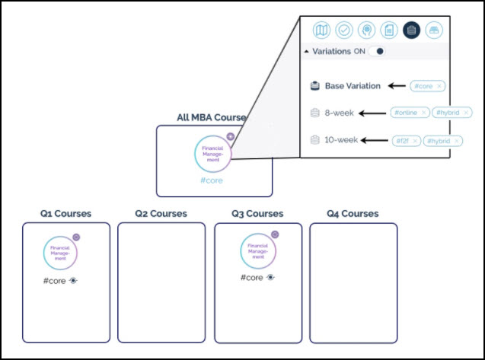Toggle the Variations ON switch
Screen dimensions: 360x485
(x=376, y=52)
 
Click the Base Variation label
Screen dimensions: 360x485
(x=353, y=86)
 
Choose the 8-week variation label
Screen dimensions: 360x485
(x=340, y=113)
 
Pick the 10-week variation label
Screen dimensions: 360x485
(x=342, y=140)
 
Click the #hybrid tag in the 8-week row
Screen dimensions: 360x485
(x=451, y=113)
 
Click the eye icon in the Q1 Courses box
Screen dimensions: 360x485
(x=73, y=280)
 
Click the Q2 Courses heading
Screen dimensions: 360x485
(x=161, y=214)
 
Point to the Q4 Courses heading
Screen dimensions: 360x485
(x=353, y=214)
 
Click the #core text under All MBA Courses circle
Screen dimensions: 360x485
(x=213, y=181)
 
